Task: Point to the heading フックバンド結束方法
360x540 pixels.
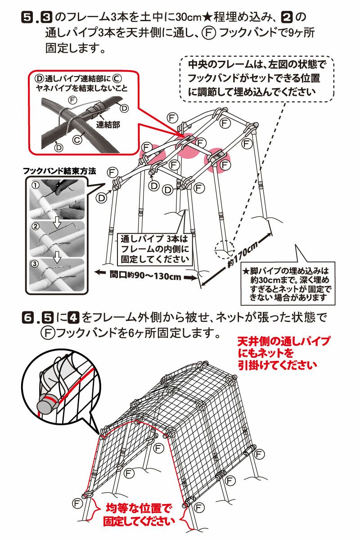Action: point(59,171)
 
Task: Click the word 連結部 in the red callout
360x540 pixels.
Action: point(108,125)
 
